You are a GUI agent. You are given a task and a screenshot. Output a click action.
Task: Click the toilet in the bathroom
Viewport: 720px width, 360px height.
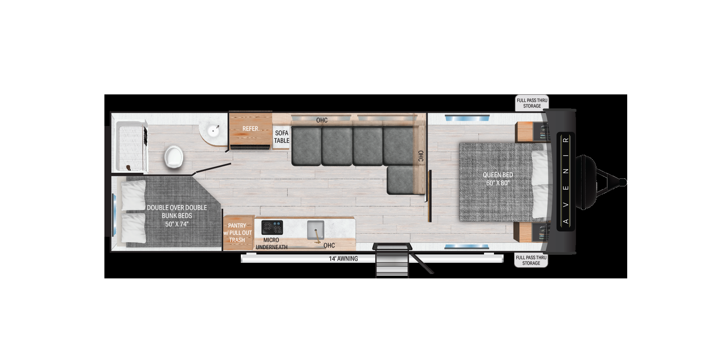click(x=174, y=156)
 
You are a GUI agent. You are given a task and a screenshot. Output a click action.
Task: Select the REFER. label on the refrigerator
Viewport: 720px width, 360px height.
click(x=251, y=129)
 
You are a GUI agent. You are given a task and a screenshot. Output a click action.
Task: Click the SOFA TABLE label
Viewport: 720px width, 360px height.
click(x=282, y=137)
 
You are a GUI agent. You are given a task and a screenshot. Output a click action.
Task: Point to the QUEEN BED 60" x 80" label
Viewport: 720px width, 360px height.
click(x=498, y=179)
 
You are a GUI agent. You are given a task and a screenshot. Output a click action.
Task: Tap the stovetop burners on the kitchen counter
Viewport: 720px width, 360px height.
click(x=272, y=227)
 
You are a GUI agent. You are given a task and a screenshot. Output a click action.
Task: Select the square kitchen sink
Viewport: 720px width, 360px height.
click(x=316, y=230)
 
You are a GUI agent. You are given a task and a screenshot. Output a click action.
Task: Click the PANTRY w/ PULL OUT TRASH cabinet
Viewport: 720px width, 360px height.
click(x=238, y=233)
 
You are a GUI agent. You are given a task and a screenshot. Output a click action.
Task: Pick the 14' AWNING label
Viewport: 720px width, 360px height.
click(x=343, y=259)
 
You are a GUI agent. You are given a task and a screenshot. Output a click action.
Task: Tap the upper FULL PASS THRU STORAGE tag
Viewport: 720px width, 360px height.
click(x=532, y=103)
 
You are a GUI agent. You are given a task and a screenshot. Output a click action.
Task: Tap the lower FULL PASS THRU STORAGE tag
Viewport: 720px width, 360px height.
click(x=531, y=260)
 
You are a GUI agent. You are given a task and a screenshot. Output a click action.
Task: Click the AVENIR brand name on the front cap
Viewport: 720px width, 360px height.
click(x=566, y=181)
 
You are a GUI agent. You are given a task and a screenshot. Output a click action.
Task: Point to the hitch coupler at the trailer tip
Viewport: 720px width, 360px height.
click(x=622, y=182)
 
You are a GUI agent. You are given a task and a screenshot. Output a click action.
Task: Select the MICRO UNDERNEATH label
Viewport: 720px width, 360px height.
click(x=271, y=244)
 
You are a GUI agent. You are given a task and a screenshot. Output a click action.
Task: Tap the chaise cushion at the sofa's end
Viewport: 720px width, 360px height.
click(x=400, y=180)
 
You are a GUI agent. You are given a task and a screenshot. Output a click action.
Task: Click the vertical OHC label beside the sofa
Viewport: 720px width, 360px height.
click(x=420, y=156)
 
